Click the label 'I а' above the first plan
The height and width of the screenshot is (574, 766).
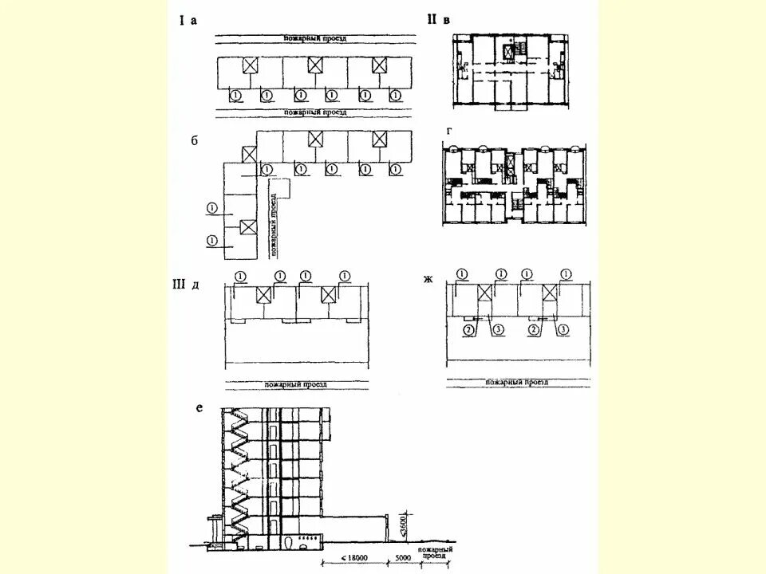pyautogui.click(x=187, y=22)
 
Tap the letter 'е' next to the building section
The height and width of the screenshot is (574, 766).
pyautogui.click(x=199, y=408)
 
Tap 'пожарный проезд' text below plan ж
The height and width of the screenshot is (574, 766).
pyautogui.click(x=519, y=383)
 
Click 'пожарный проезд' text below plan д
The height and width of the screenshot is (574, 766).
pyautogui.click(x=297, y=384)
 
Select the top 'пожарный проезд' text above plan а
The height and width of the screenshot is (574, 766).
pyautogui.click(x=315, y=38)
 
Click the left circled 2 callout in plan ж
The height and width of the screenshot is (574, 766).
pyautogui.click(x=470, y=329)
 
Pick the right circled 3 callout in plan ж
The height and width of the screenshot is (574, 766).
pyautogui.click(x=564, y=329)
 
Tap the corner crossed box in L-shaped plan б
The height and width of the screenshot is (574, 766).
pyautogui.click(x=250, y=154)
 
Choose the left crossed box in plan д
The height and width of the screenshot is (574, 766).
pyautogui.click(x=265, y=296)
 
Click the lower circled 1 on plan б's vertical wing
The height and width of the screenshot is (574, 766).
pyautogui.click(x=211, y=240)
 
